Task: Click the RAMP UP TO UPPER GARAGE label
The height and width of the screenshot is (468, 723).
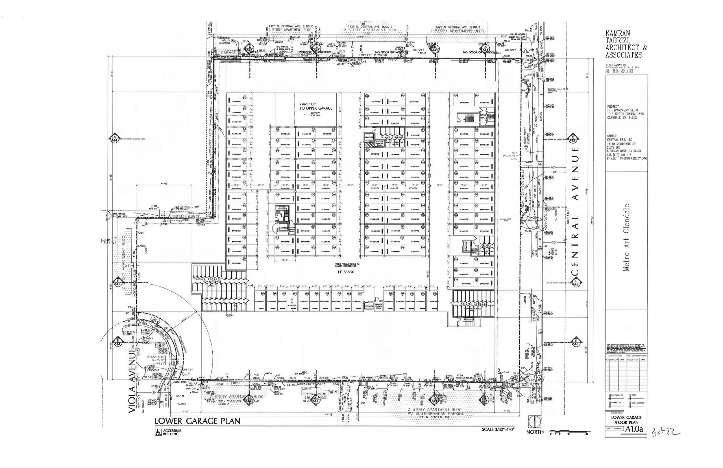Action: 315,106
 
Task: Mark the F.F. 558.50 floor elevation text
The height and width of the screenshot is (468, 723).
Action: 346,272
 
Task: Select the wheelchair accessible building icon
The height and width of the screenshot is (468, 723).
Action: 158,432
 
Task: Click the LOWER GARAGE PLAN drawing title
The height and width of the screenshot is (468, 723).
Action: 197,421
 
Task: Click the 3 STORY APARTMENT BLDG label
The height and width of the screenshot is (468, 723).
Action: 436,409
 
